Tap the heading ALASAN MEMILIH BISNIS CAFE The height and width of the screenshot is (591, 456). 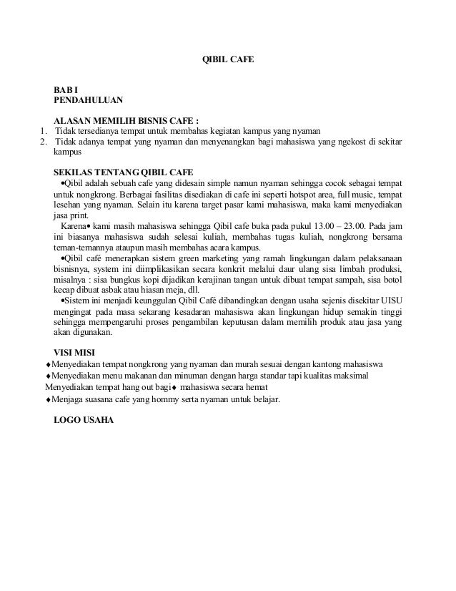(126, 120)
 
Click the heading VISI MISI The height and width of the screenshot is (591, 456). (80, 352)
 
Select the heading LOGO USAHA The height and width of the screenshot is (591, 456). (84, 419)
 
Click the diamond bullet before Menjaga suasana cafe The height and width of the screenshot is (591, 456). (48, 401)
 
